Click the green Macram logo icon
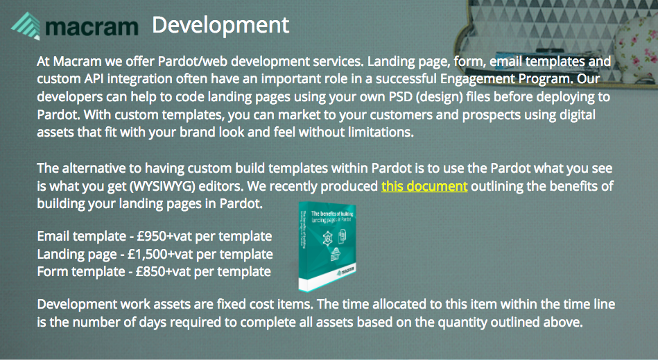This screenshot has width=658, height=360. [x=26, y=26]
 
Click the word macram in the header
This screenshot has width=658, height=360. [x=92, y=27]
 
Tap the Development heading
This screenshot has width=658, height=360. [x=220, y=25]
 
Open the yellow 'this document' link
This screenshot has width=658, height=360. [x=424, y=186]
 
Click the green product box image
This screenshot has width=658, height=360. [x=327, y=246]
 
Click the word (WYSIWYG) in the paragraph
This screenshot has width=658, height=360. [x=162, y=187]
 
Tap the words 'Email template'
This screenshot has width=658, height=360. [x=81, y=237]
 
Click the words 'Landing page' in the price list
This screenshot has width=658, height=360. [x=77, y=255]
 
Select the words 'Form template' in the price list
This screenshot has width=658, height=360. [x=81, y=272]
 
